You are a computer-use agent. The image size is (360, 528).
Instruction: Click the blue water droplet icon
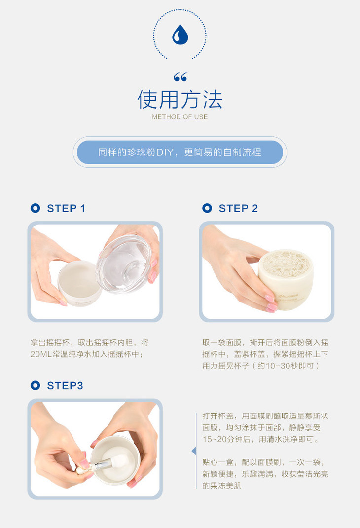(180, 35)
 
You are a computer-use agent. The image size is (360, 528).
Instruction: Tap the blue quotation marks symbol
(180, 77)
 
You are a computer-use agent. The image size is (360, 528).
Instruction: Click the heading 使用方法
(180, 99)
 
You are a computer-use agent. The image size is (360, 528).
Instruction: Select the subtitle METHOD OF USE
(180, 117)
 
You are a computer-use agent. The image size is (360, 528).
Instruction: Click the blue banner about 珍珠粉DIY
(180, 152)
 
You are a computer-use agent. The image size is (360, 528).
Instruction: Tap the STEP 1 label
(66, 208)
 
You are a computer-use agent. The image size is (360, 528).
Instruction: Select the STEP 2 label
(238, 208)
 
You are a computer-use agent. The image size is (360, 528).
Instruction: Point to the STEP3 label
(65, 385)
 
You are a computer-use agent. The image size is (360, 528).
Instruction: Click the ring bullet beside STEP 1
(35, 208)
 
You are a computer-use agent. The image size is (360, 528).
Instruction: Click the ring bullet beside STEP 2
(207, 208)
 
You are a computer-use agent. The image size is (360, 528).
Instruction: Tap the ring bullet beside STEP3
(35, 385)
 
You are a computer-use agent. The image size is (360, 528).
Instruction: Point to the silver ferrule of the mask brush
(100, 466)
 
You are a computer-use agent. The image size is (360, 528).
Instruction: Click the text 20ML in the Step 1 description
(41, 354)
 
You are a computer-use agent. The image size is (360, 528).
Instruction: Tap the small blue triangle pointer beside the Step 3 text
(194, 451)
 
